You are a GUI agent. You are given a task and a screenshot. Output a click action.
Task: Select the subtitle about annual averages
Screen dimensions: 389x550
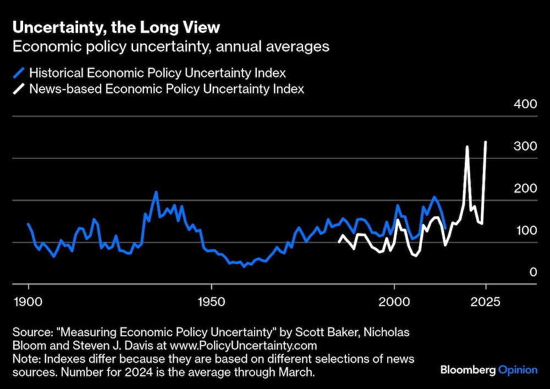tap(170, 46)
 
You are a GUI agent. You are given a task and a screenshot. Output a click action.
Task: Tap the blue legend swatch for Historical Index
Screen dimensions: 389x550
tap(19, 73)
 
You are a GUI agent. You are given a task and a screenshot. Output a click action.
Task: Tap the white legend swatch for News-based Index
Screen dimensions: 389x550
tap(19, 89)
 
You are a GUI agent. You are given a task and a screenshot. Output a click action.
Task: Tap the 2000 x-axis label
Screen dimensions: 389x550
tap(394, 302)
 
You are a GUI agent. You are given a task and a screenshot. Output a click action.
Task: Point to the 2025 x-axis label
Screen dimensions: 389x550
tap(486, 302)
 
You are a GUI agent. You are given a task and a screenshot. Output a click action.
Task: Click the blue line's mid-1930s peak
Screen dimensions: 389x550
tap(156, 192)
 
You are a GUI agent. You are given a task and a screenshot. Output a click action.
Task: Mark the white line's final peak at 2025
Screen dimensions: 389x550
tap(486, 142)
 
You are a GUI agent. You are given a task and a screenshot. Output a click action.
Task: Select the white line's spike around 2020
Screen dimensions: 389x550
tap(467, 147)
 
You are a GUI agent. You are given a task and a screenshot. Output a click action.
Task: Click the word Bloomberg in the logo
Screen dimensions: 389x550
tap(468, 370)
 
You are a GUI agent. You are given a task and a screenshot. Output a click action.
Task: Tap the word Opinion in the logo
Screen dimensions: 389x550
tap(518, 370)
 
